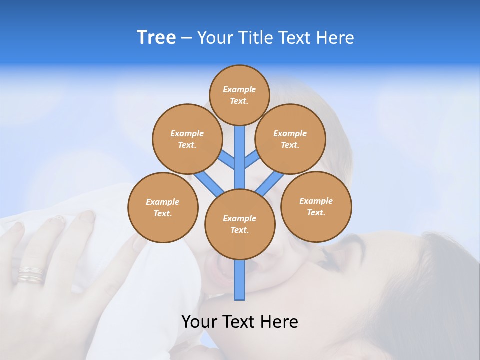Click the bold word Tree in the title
coord(156,38)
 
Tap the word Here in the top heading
coord(335,38)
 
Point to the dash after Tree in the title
coord(186,38)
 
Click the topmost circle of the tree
coord(239,95)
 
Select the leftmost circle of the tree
coord(163,208)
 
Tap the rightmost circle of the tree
coord(316,207)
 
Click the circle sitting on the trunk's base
coord(240,224)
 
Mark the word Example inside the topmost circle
coord(239,89)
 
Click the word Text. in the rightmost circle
coord(316,213)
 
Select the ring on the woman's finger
coord(31,275)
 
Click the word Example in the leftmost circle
coord(162,202)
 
